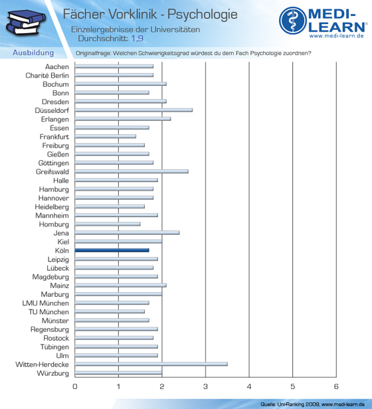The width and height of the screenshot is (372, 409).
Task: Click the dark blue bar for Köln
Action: [112, 250]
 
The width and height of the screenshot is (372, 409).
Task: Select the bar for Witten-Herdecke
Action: [151, 364]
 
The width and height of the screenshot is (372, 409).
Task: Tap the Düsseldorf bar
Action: [134, 110]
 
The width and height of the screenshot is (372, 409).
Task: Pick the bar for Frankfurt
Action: [106, 136]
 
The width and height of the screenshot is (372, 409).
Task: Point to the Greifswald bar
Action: [132, 171]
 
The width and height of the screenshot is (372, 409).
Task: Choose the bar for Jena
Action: [127, 232]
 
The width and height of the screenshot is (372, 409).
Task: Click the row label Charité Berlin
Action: [47, 76]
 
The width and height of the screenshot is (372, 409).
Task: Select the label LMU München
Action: [46, 303]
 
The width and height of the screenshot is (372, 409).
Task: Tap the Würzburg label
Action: [52, 373]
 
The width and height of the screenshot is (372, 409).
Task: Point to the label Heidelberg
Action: [52, 207]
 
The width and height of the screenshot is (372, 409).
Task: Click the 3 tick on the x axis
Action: [205, 386]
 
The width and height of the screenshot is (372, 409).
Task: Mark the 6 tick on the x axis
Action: [336, 386]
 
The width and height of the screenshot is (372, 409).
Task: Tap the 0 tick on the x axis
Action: [75, 386]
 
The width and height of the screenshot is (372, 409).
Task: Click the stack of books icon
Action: [26, 23]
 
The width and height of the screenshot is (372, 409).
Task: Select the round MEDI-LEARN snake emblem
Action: [293, 21]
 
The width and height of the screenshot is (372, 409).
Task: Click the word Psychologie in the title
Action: [203, 15]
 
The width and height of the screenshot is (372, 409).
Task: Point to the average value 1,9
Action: [137, 39]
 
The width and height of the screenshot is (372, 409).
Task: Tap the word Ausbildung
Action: [33, 52]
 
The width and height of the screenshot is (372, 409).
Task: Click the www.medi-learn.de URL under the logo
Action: [337, 36]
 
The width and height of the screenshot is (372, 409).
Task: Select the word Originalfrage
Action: [93, 53]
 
